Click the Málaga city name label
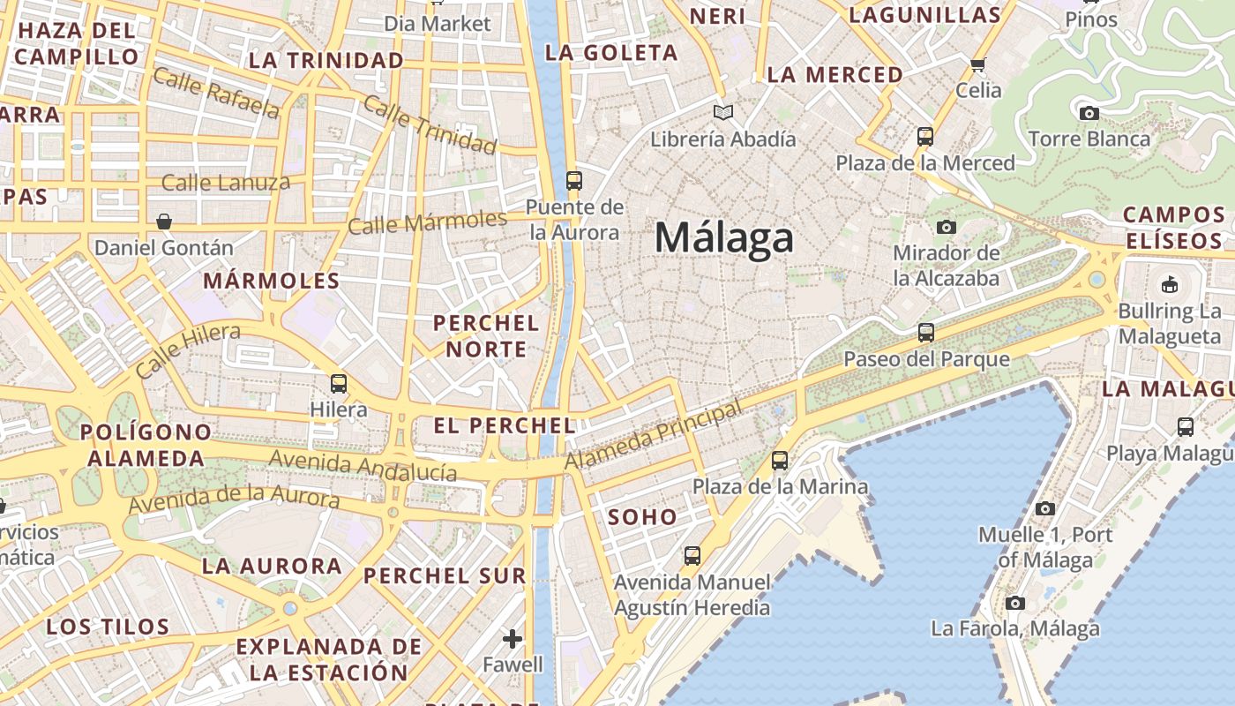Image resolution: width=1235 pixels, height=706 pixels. point(724,238)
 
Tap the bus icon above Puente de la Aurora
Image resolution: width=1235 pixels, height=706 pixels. point(574,181)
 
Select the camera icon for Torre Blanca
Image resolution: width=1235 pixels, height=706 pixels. point(1089,113)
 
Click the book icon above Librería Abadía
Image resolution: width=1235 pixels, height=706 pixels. point(723,113)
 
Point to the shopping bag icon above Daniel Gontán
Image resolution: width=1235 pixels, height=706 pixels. point(163,221)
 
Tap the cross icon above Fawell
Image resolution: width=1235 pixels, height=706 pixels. point(513,638)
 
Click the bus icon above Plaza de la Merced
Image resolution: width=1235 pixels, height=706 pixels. point(925,137)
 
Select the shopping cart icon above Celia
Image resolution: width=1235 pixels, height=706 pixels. point(977,64)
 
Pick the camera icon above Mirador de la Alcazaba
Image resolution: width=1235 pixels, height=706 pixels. point(947,227)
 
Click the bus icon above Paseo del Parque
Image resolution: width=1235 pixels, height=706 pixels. point(926,333)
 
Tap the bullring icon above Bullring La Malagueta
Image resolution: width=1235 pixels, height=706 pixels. point(1170,284)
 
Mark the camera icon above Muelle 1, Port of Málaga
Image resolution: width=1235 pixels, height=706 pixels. point(1045,508)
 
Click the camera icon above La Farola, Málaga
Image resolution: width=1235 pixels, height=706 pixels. point(1015,603)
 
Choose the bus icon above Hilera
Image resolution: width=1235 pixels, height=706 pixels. point(339,384)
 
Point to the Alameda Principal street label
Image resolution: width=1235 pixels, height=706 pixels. point(653,437)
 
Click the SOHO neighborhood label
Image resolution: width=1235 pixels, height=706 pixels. point(643,517)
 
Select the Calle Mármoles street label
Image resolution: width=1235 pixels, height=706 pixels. point(427,222)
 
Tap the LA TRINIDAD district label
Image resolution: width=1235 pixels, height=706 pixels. point(326,60)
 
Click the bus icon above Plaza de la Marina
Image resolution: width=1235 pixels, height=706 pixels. point(780,461)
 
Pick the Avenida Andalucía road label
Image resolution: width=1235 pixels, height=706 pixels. point(363,465)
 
